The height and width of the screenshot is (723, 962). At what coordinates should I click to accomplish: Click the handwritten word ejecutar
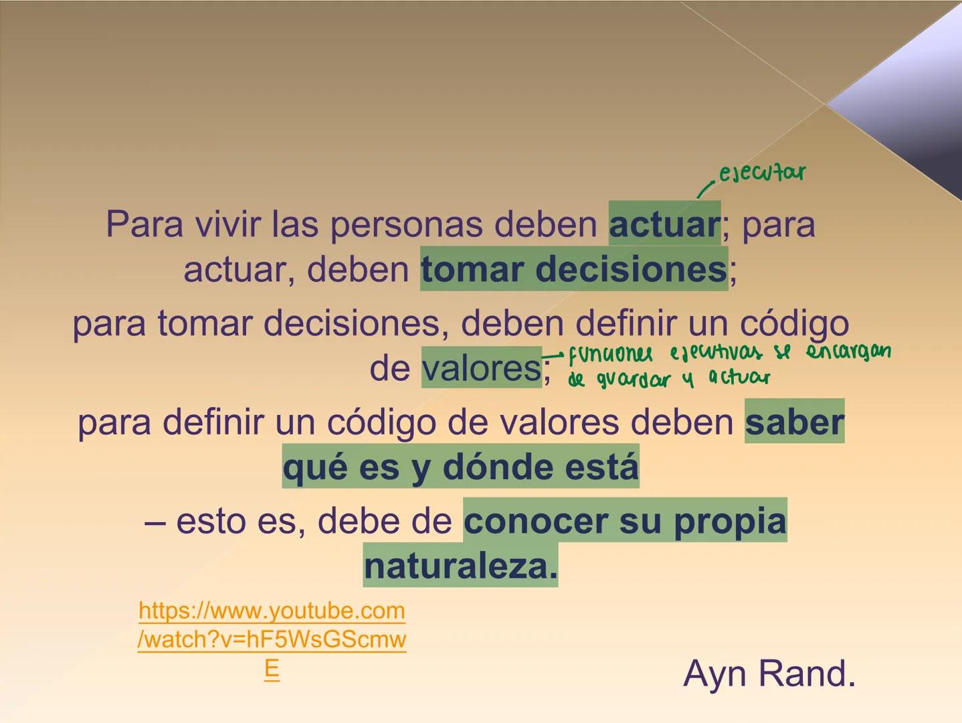pos(761,173)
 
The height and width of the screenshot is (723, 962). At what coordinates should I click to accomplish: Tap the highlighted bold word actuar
pos(664,224)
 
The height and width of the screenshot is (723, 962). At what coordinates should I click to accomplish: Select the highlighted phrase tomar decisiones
pos(573,269)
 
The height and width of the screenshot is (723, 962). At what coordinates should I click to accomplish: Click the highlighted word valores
pos(481,368)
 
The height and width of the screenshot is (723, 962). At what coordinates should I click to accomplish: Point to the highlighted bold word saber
pos(794,422)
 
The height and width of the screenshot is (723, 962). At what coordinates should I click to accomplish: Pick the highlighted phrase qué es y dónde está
pos(460,467)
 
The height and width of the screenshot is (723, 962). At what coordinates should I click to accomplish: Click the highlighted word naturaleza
pos(460,566)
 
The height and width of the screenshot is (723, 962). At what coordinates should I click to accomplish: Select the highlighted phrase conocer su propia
pos(625,521)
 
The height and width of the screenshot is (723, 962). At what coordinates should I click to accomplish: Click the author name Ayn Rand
pos(769,673)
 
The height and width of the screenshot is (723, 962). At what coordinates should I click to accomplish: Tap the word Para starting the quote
pos(144,224)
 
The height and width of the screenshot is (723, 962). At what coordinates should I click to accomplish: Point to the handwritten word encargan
pos(848,351)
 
